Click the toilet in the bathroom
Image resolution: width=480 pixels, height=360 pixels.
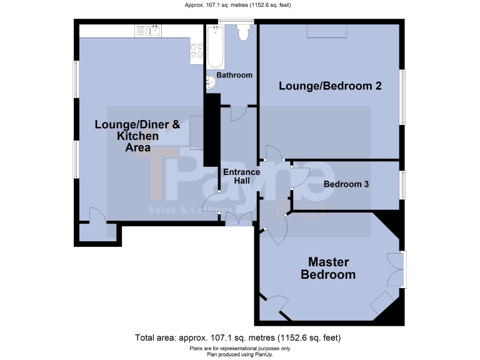click(243, 34)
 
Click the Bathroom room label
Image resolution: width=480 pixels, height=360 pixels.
click(234, 75)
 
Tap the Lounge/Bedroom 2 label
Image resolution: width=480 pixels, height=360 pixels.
click(330, 86)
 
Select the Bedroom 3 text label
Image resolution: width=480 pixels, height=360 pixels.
click(346, 184)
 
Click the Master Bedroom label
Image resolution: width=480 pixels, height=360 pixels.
click(328, 268)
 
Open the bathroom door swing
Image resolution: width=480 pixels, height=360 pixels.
click(237, 112)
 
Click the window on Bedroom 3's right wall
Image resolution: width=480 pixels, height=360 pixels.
click(402, 184)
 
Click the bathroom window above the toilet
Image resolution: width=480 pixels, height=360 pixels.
click(236, 22)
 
